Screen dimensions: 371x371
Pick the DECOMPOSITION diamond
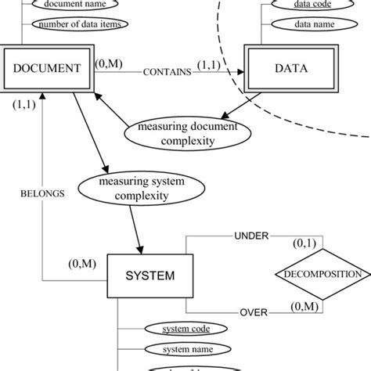click(x=323, y=275)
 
